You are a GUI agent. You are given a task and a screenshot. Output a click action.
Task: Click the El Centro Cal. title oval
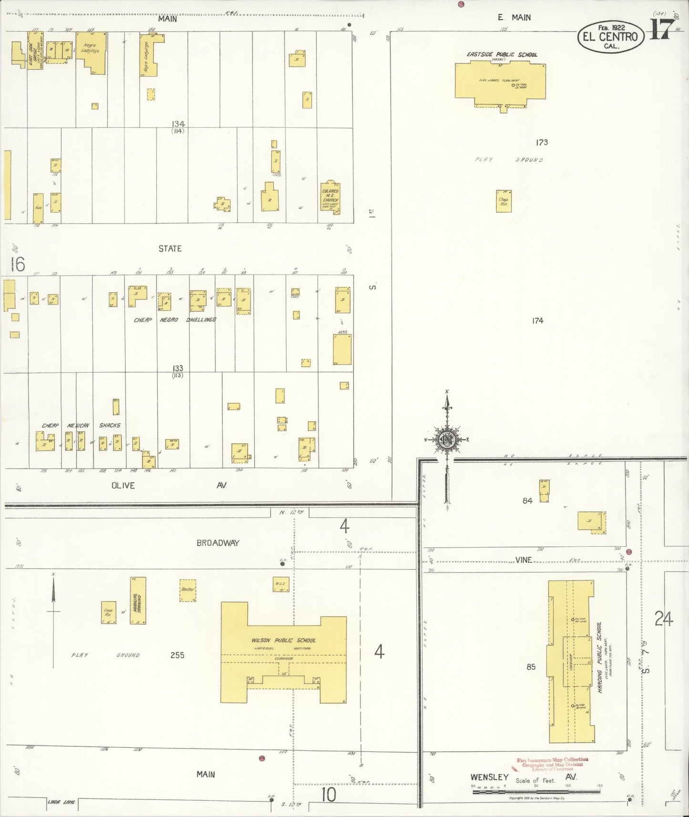(x=610, y=36)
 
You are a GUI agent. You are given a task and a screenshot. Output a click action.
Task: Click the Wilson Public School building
(x=283, y=653)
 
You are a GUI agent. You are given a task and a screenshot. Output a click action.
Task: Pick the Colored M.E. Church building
(x=330, y=196)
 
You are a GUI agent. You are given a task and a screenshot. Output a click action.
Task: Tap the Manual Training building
(x=138, y=601)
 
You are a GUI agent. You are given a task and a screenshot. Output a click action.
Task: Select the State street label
(x=170, y=248)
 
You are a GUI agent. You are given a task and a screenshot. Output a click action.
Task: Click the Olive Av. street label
(x=123, y=485)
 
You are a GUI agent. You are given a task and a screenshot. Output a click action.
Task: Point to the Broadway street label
(x=218, y=542)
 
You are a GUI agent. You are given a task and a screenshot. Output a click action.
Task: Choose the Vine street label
(x=523, y=560)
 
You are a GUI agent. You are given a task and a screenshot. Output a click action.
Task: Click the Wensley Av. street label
(x=489, y=777)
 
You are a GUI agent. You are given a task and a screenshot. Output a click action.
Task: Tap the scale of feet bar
(x=536, y=792)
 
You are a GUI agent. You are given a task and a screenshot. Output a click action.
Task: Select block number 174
(x=537, y=321)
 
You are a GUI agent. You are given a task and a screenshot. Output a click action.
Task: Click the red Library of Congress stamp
(x=552, y=764)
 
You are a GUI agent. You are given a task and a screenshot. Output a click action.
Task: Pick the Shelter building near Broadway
(x=188, y=590)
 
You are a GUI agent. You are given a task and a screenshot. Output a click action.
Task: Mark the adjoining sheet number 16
(x=17, y=264)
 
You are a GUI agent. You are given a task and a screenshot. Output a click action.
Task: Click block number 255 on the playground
(x=177, y=655)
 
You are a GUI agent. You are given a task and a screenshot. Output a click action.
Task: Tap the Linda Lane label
(x=62, y=802)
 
